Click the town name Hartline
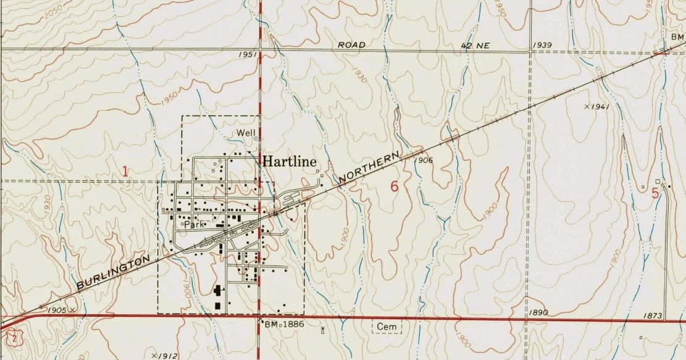[x=290, y=161]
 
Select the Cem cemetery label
[x=387, y=325]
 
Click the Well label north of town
[x=246, y=133]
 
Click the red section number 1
[x=125, y=171]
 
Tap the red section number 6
[x=395, y=186]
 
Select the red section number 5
[x=655, y=192]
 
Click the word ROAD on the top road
[x=352, y=45]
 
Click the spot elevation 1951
[x=247, y=55]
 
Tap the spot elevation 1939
[x=542, y=45]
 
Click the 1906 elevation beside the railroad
[x=424, y=160]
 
